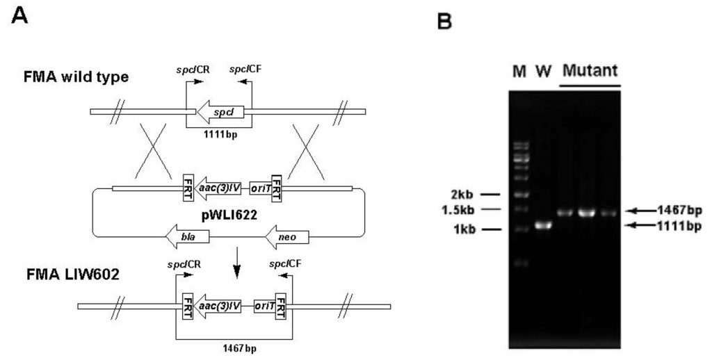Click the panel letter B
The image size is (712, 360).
443,24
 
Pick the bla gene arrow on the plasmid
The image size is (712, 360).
187,238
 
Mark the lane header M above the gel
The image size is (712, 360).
518,72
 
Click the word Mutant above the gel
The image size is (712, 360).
590,71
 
